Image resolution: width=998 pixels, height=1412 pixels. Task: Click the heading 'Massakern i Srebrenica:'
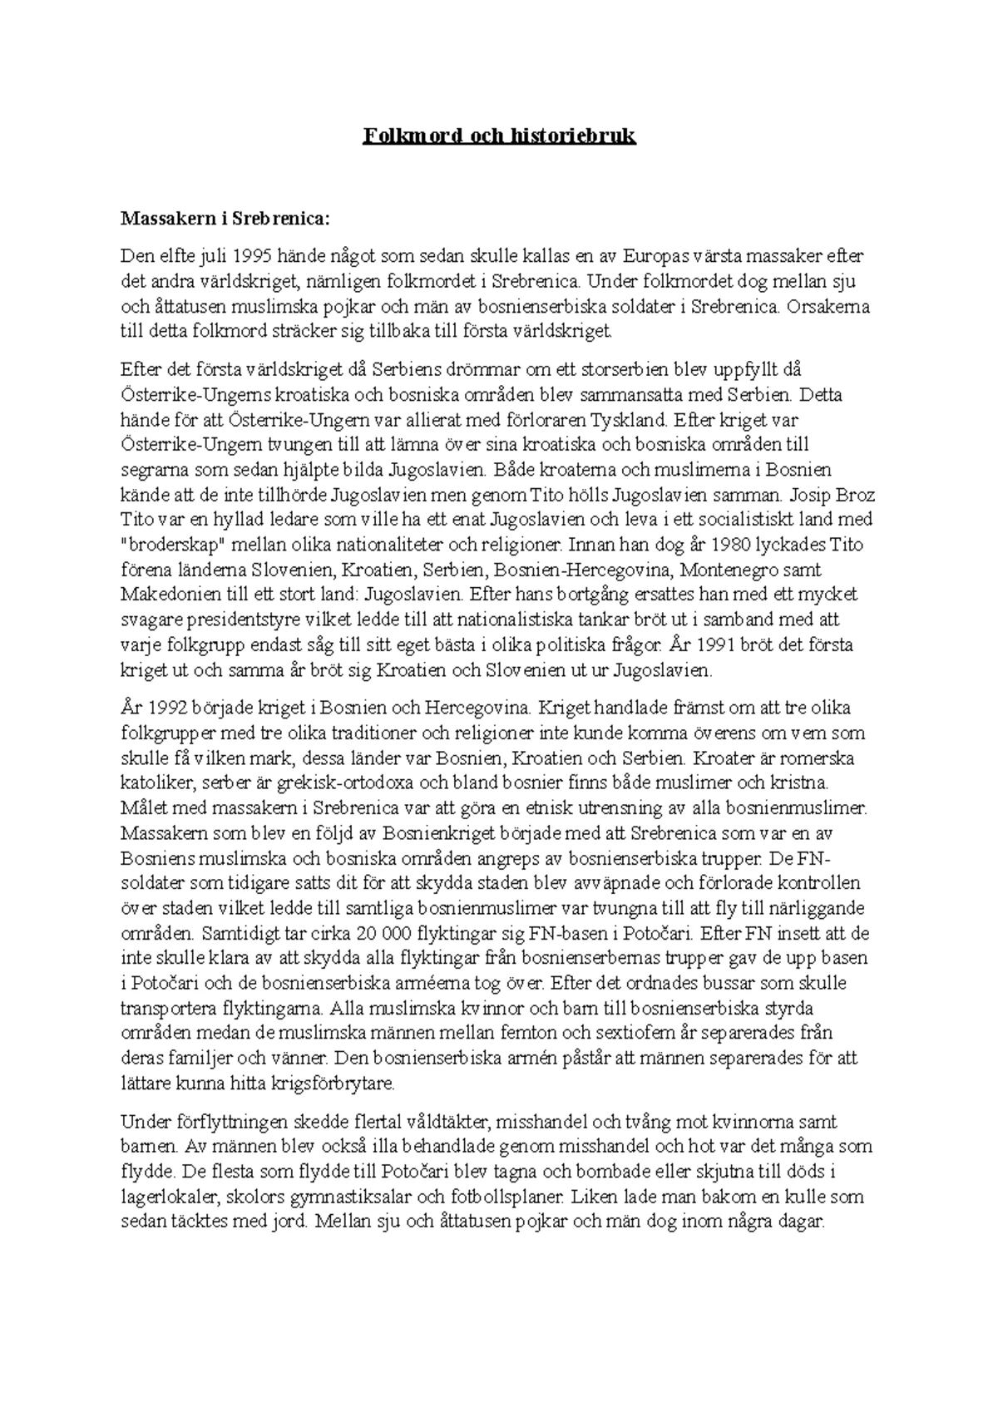pos(225,219)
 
